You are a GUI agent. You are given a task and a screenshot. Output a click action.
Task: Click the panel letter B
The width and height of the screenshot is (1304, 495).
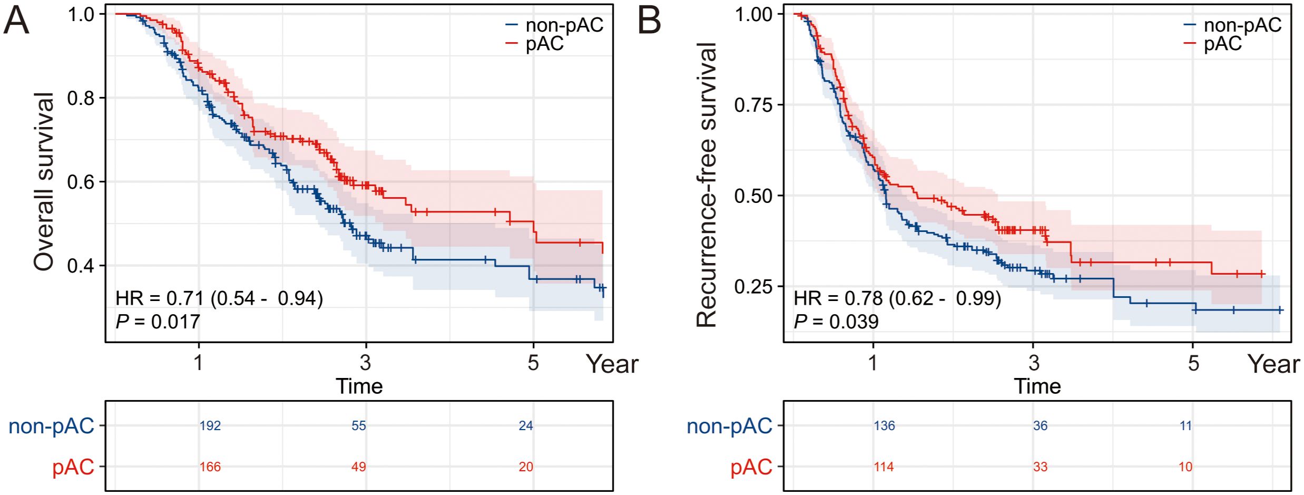649,21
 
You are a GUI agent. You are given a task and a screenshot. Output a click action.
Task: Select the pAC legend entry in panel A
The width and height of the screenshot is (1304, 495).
544,44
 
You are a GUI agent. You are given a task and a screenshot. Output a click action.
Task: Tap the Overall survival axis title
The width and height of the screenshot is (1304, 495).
43,181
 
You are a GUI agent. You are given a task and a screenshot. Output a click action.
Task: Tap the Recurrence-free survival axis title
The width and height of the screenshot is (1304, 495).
706,185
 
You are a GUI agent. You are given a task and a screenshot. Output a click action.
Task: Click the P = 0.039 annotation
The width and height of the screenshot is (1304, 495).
836,322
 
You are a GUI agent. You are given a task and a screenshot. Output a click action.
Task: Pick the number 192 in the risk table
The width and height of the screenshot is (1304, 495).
210,426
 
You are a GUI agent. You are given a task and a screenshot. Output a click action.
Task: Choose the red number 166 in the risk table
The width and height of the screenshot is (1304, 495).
210,467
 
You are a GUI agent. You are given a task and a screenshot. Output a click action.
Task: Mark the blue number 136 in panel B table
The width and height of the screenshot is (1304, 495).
884,426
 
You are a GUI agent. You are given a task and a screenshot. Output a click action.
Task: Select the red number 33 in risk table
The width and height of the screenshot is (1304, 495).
1040,467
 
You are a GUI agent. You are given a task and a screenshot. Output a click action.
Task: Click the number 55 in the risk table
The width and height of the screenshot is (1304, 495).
359,426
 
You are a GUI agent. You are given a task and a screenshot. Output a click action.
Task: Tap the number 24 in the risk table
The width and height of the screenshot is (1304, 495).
526,426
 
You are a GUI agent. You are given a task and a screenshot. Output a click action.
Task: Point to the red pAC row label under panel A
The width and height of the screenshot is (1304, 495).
73,467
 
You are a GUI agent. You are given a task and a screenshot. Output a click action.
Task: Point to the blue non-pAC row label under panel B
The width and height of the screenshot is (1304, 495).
729,426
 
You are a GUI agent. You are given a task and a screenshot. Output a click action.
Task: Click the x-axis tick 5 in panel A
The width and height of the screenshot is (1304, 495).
533,363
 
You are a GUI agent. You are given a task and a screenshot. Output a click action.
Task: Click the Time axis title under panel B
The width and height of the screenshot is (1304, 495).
1037,386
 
